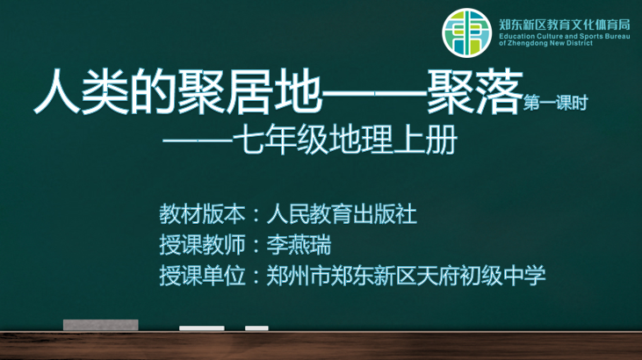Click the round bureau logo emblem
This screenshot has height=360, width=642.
(x=466, y=32)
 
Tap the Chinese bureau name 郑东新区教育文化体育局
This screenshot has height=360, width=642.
(x=564, y=25)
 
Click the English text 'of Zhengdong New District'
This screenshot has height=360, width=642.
(x=545, y=43)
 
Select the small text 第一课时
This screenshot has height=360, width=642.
(x=555, y=103)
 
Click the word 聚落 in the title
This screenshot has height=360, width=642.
(x=475, y=91)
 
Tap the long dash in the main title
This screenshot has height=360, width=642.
(x=374, y=93)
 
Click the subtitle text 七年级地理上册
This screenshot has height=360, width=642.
(x=345, y=140)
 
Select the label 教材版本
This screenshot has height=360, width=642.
(x=202, y=213)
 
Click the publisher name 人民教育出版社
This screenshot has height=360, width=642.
(x=342, y=213)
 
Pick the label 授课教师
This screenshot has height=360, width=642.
(x=202, y=244)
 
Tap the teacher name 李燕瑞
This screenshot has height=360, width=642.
(x=299, y=244)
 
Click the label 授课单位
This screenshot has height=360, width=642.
(x=202, y=275)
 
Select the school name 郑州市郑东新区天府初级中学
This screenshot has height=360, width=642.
(x=406, y=275)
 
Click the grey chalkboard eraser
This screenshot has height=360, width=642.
(x=101, y=325)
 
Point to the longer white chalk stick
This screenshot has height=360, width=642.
(x=202, y=328)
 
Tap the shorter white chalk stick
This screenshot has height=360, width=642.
(x=256, y=328)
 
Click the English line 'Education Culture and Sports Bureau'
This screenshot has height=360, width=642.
(x=564, y=36)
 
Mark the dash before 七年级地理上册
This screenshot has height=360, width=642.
(x=198, y=140)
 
